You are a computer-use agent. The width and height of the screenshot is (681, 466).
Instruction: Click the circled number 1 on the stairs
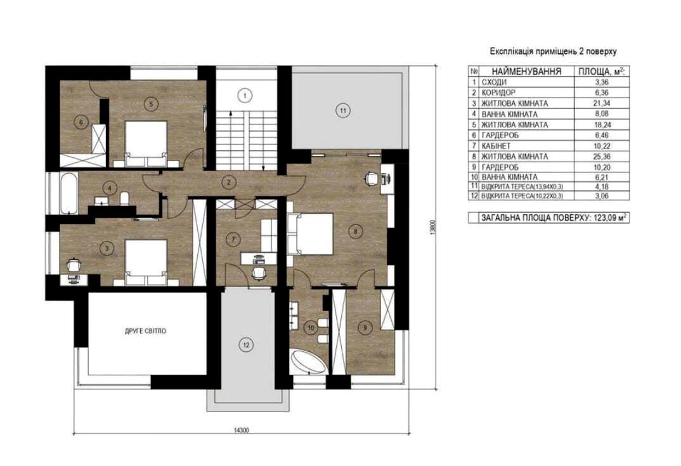(x=245, y=96)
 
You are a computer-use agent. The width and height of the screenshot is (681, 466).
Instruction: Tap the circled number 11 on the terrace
(x=342, y=110)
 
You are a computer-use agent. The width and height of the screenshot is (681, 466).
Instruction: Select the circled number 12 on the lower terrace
(x=246, y=346)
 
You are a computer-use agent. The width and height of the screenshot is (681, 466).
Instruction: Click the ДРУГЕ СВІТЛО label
(x=145, y=331)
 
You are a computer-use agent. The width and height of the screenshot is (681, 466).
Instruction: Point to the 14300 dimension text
(x=241, y=430)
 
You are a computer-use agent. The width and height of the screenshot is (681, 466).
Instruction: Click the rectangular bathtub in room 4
(x=69, y=193)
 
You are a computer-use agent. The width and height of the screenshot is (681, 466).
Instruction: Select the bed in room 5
(x=146, y=144)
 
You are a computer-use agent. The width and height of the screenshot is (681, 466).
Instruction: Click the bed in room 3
(x=146, y=262)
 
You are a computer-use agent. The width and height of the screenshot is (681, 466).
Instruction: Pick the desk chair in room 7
(x=259, y=273)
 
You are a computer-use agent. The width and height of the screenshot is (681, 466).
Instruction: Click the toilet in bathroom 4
(x=125, y=198)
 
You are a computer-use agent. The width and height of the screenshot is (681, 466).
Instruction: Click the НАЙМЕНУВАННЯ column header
(x=526, y=71)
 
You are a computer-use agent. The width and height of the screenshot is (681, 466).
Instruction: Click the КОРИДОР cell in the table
(x=498, y=93)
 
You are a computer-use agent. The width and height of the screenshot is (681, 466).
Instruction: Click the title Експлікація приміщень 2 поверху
(x=554, y=52)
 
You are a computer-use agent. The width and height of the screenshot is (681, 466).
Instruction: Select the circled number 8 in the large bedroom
(x=355, y=232)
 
